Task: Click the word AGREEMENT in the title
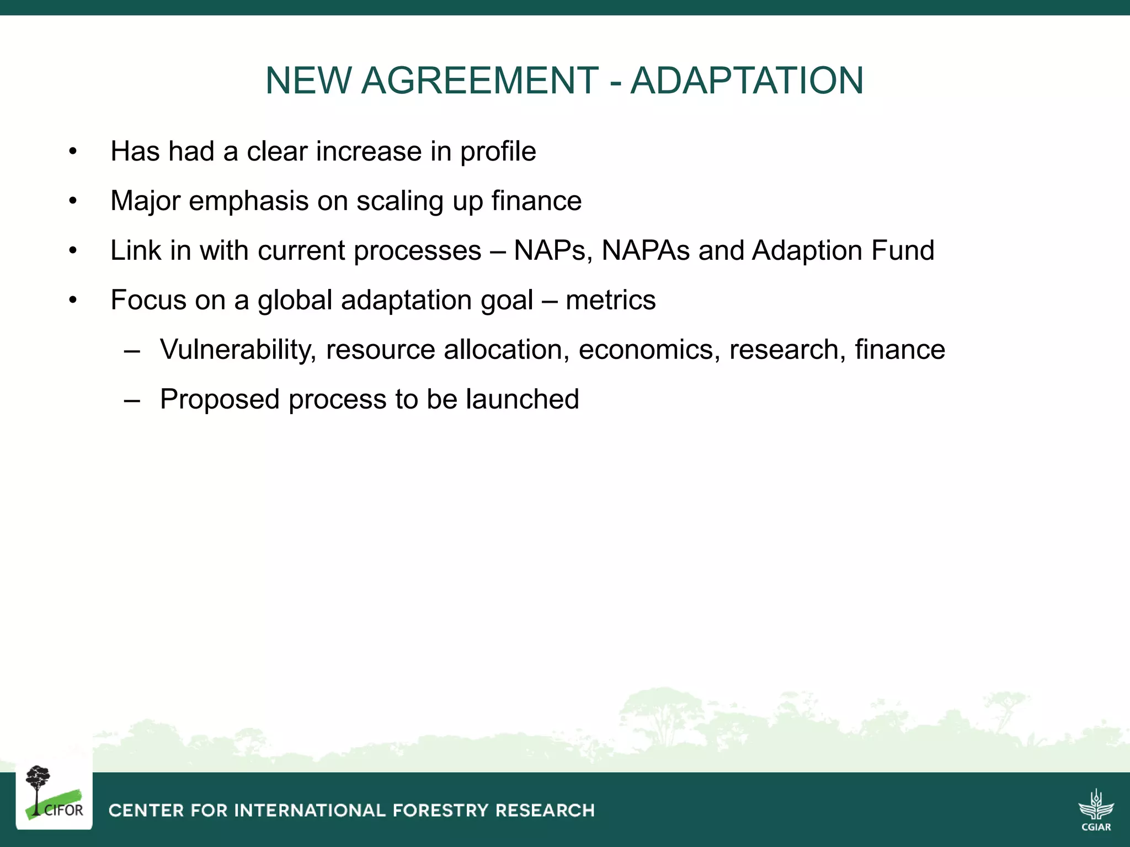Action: pos(479,81)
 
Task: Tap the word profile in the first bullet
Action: pos(498,152)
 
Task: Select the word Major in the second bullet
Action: pos(145,201)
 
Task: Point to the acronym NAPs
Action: pos(553,250)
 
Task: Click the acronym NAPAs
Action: pos(646,250)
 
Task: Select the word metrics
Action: pos(610,301)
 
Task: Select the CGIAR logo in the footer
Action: pos(1096,810)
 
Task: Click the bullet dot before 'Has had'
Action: pos(73,152)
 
